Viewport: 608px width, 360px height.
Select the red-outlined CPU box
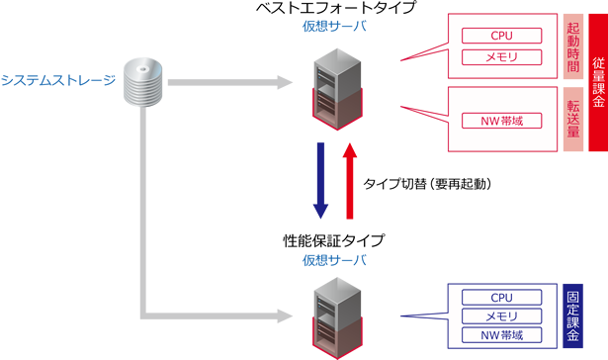point(501,36)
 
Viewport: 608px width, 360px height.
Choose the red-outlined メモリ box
point(501,58)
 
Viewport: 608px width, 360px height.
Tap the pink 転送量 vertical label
point(573,120)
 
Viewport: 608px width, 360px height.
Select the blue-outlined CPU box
point(501,297)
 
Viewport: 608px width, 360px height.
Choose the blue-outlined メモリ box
point(501,315)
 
